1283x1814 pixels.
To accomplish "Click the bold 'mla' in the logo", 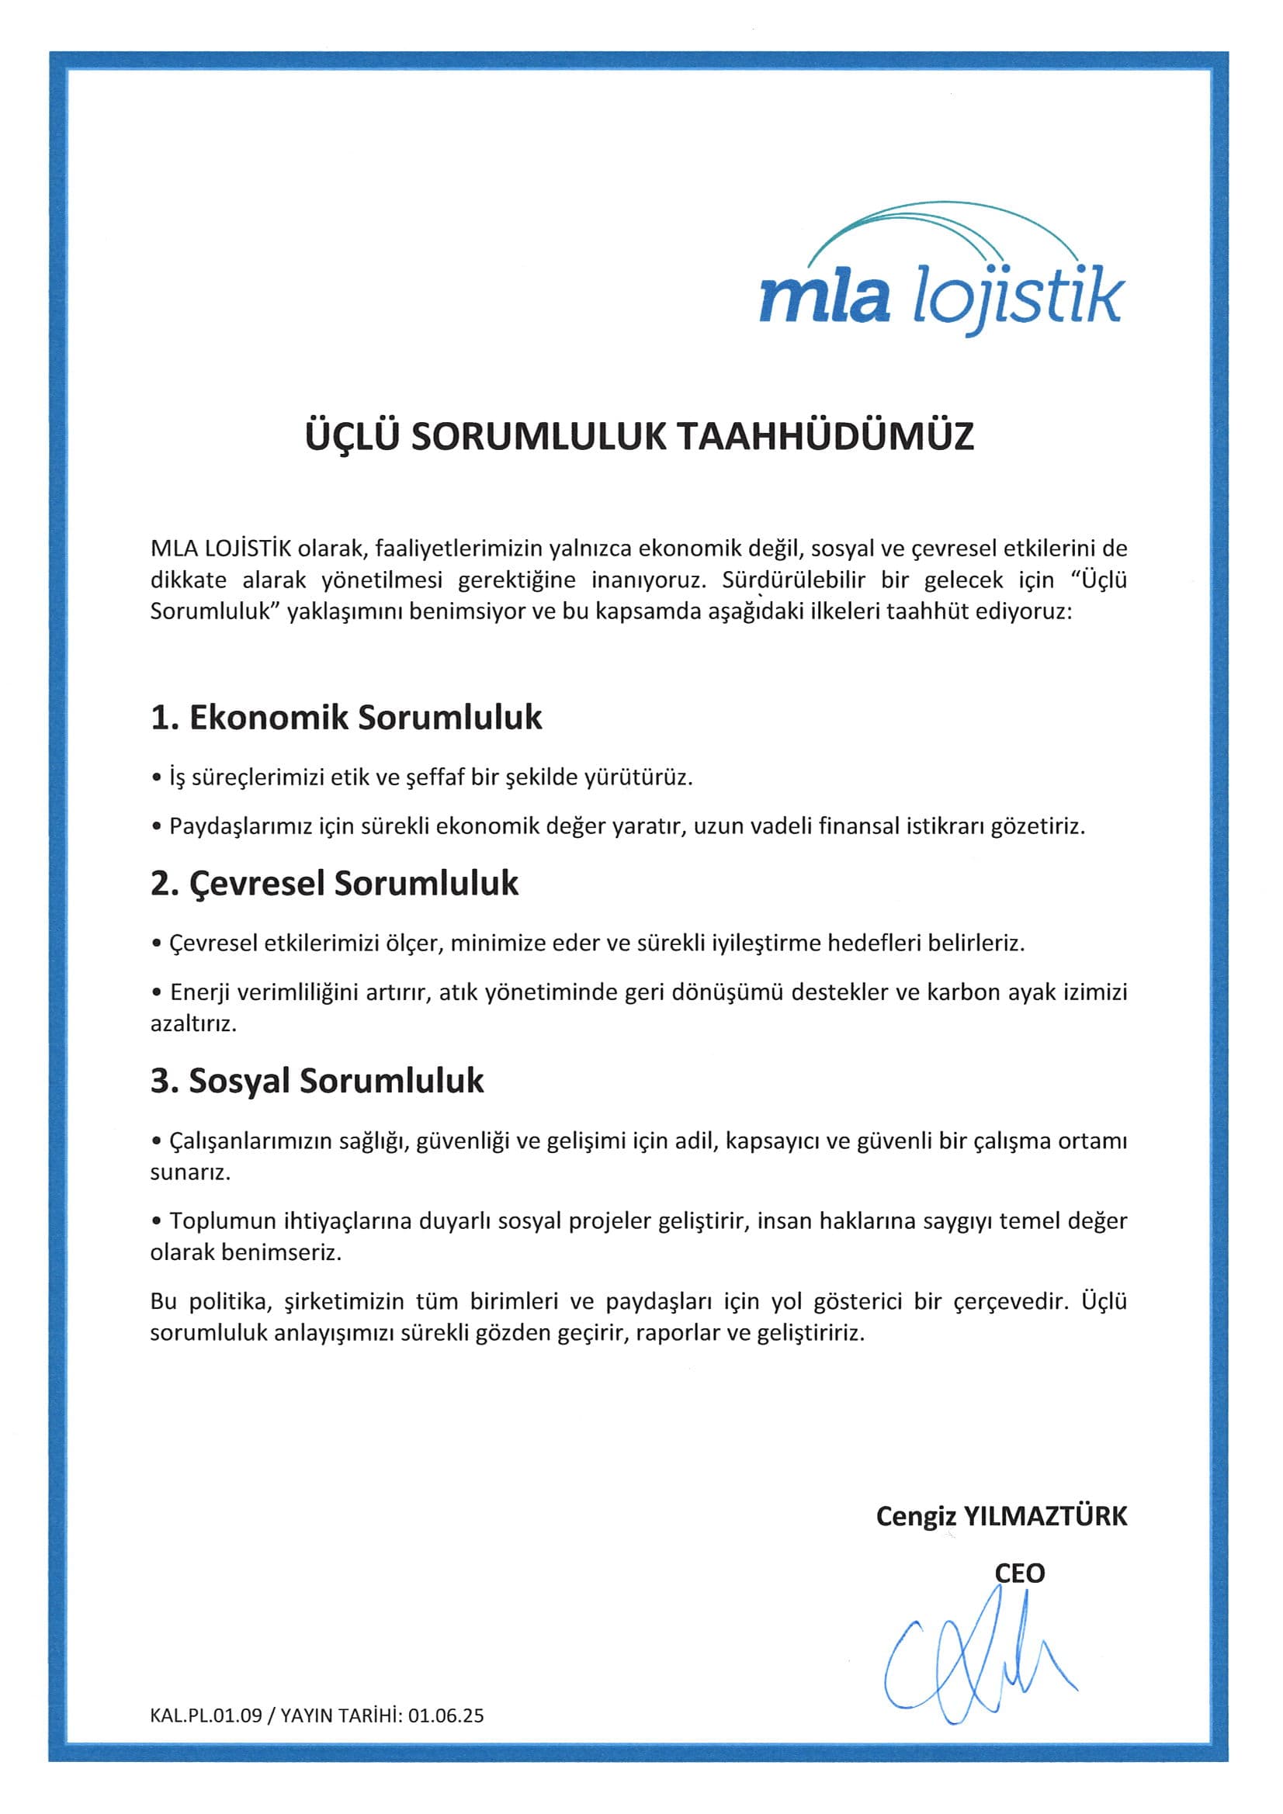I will tap(824, 298).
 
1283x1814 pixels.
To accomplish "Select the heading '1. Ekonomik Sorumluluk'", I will tap(346, 718).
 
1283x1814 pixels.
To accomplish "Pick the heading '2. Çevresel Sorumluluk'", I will tap(335, 883).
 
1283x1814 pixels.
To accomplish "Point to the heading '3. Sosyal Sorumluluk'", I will tap(317, 1081).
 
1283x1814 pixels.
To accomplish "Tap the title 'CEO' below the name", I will tap(1019, 1573).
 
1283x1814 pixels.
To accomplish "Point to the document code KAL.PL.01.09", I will tap(206, 1715).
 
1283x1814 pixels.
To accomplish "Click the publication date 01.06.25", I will tap(446, 1715).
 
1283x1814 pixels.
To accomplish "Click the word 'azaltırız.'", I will tap(193, 1024).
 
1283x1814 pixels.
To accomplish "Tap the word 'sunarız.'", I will tap(190, 1172).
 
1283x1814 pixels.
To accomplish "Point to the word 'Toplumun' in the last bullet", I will tap(224, 1220).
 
